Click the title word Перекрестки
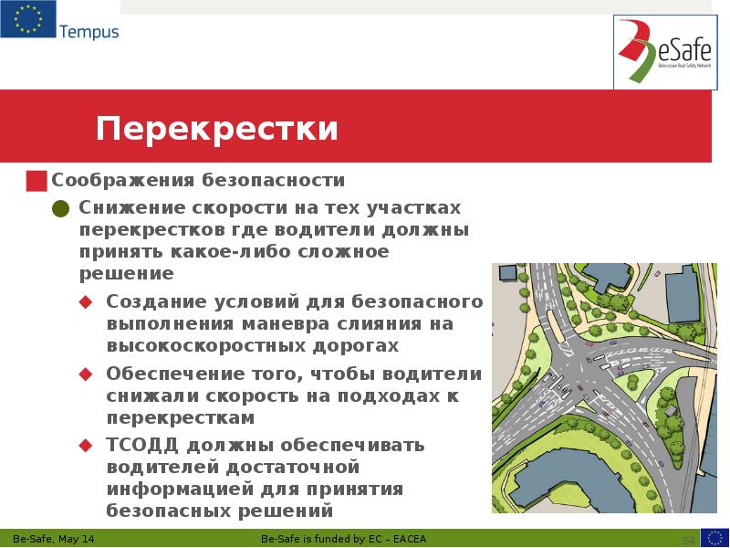[217, 128]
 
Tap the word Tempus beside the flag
[89, 32]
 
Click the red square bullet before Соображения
[36, 179]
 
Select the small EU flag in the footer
[714, 537]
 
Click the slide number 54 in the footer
[689, 538]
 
